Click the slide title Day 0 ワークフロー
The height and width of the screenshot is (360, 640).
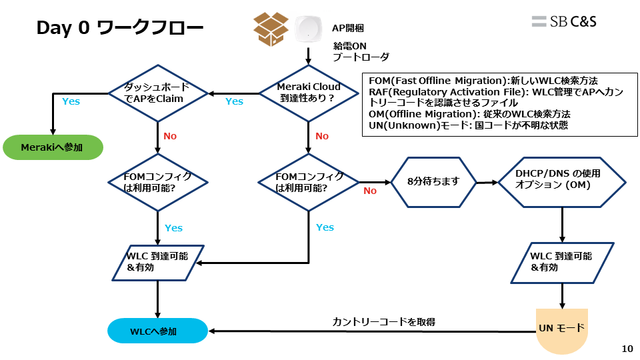120,28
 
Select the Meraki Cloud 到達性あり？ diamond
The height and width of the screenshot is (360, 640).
308,93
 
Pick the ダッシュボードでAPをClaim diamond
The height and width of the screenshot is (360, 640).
157,93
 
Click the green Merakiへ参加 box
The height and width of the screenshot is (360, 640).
53,147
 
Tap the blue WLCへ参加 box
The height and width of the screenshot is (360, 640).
158,331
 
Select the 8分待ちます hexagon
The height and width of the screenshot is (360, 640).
434,181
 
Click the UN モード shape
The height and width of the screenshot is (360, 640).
561,329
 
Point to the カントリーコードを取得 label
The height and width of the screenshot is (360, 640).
384,322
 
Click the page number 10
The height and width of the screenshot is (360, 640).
627,349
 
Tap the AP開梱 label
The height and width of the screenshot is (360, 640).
347,28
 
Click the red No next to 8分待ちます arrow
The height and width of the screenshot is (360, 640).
369,191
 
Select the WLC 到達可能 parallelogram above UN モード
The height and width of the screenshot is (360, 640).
561,262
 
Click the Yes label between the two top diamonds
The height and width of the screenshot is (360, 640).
234,101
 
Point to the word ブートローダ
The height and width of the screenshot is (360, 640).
360,57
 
